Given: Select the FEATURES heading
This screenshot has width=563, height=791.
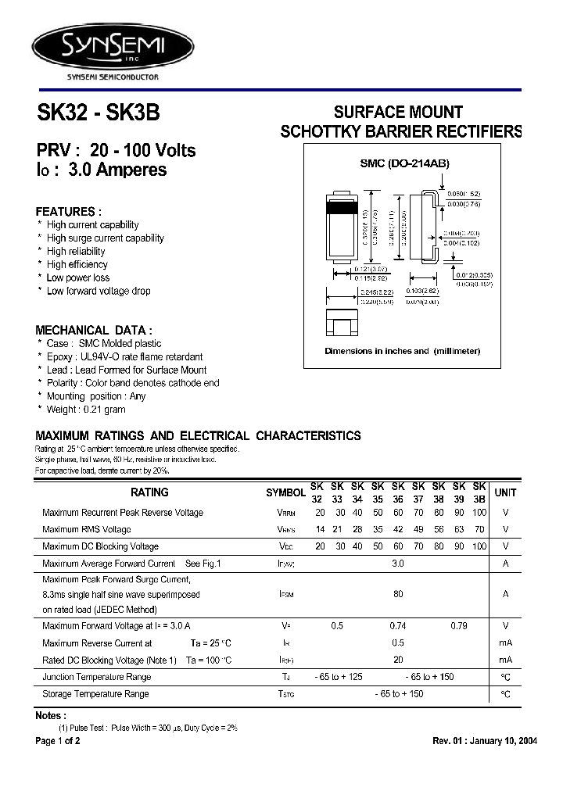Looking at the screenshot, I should click(x=69, y=212).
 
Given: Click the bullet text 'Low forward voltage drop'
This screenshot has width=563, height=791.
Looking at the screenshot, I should click(x=99, y=291).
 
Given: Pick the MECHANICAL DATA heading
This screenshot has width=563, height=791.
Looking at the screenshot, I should click(x=94, y=331).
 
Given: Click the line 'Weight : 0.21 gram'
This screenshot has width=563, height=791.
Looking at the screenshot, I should click(x=86, y=410).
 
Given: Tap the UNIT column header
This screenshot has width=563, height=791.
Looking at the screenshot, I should click(x=505, y=492).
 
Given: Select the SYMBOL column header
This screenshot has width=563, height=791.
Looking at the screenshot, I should click(x=285, y=493).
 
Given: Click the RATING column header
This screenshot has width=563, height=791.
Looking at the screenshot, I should click(x=149, y=492).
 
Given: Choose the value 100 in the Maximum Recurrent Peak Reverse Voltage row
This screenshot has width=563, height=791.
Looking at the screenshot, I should click(x=479, y=513).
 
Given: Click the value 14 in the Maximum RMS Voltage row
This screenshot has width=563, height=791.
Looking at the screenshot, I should click(x=320, y=530).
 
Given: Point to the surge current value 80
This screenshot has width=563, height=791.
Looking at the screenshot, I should click(x=398, y=594).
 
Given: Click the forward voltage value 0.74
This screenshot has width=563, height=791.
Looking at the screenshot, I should click(x=397, y=626).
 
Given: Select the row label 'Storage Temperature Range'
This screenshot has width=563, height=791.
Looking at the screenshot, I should click(x=95, y=694).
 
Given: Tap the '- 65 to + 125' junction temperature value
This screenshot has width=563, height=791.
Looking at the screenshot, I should click(x=339, y=677).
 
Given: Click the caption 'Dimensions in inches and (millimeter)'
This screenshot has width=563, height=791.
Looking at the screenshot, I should click(x=402, y=351).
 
